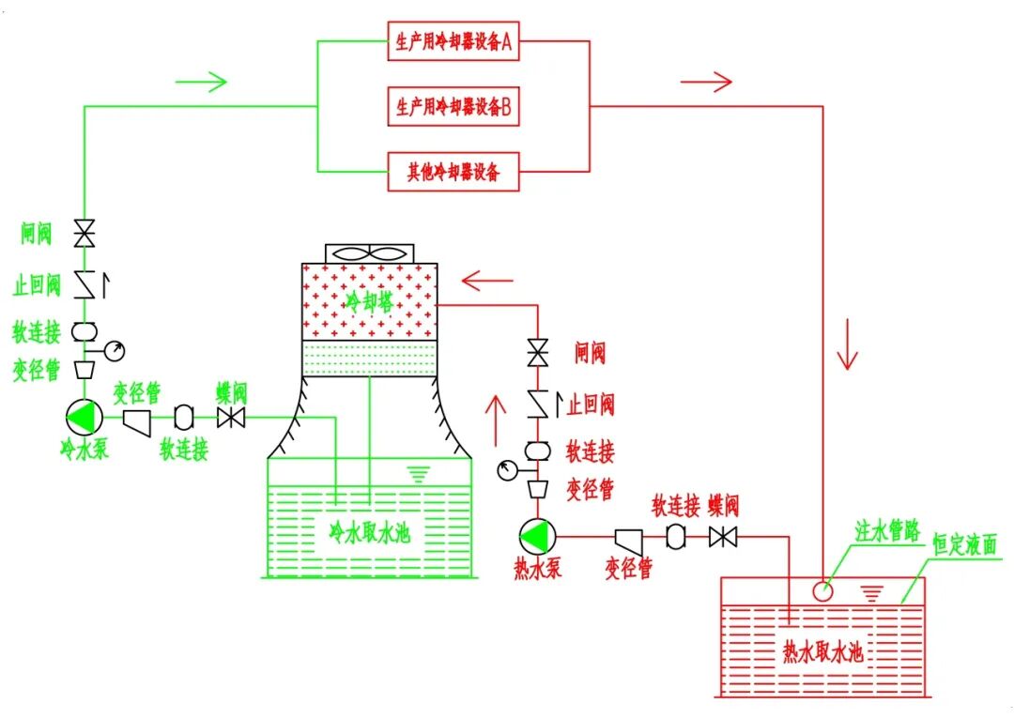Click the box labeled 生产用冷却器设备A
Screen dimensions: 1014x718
[x=453, y=41]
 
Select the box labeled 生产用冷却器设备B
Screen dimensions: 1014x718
[x=453, y=106]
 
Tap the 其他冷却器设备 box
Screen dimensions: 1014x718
[x=453, y=171]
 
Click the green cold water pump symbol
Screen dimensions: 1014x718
[x=84, y=418]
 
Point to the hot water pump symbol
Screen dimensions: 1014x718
[x=537, y=537]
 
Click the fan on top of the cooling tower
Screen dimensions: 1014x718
[x=369, y=253]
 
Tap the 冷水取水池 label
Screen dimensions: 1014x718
[x=369, y=532]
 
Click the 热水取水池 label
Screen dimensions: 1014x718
[x=822, y=651]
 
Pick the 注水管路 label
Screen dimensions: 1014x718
[x=888, y=530]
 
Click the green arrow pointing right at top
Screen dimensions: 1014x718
[x=201, y=82]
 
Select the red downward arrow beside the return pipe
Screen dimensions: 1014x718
[x=847, y=344]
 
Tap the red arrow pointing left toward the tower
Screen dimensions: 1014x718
[x=487, y=281]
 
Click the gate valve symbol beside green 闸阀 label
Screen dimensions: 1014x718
[x=84, y=234]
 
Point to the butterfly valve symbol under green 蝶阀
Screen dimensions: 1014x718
[x=231, y=418]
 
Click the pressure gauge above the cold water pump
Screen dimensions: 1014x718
[x=115, y=351]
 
